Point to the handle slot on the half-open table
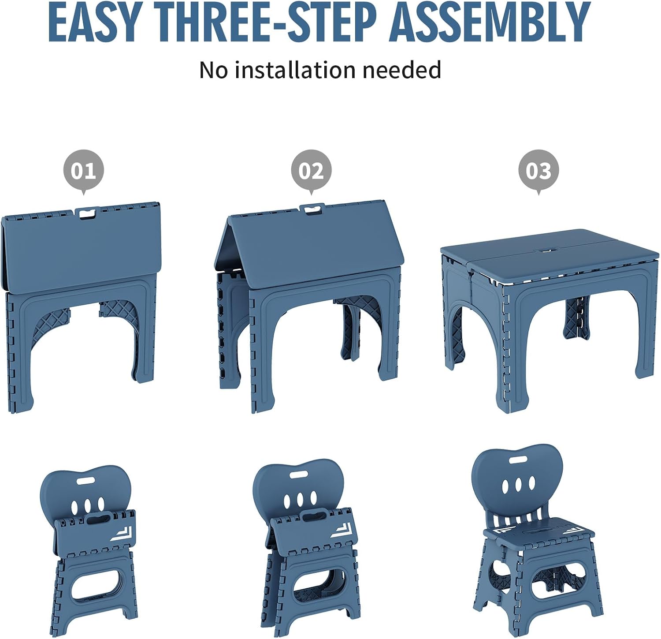pyautogui.click(x=312, y=210)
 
